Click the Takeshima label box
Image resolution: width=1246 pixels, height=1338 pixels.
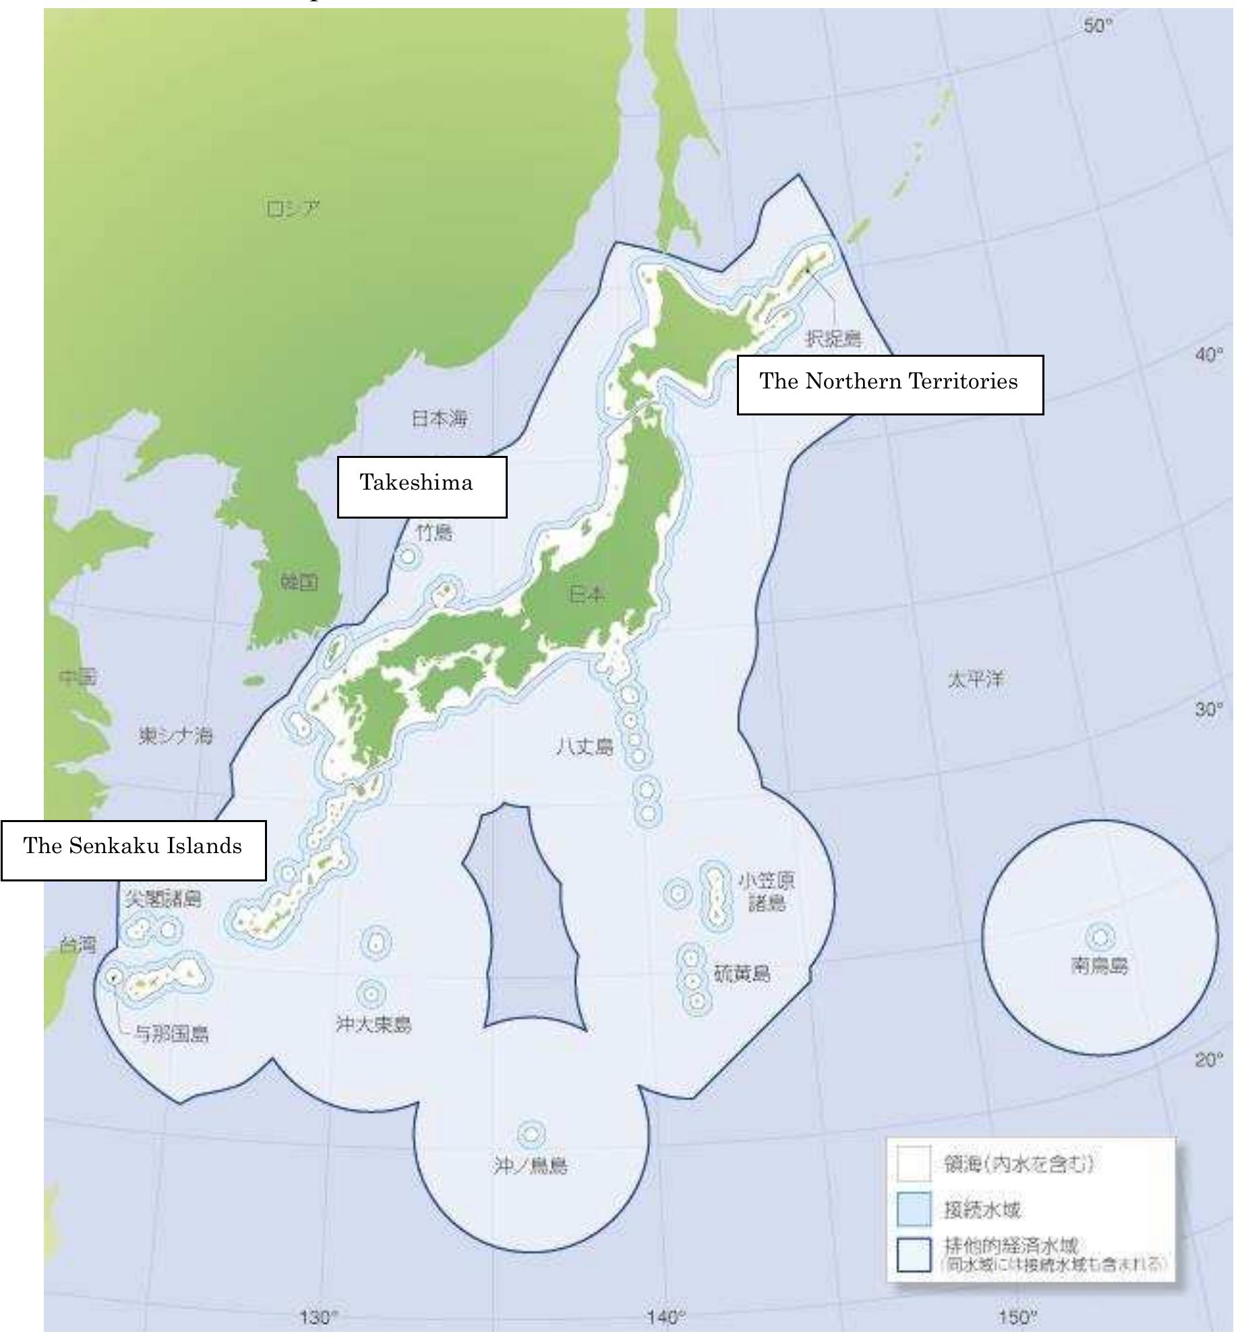pos(421,487)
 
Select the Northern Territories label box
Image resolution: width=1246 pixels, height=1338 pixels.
pos(889,384)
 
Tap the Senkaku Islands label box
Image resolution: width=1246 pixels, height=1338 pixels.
pos(133,850)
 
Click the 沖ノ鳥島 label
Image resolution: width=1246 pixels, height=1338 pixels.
pos(530,1165)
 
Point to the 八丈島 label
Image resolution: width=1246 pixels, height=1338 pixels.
pos(585,747)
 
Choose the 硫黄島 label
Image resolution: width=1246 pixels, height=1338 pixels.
pos(742,974)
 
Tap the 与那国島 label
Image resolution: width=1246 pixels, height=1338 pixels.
pos(172,1034)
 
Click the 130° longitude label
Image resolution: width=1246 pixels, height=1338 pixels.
pos(318,1316)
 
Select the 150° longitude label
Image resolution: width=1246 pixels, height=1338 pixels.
pos(1017,1316)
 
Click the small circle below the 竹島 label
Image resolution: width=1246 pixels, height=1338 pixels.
pos(407,557)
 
